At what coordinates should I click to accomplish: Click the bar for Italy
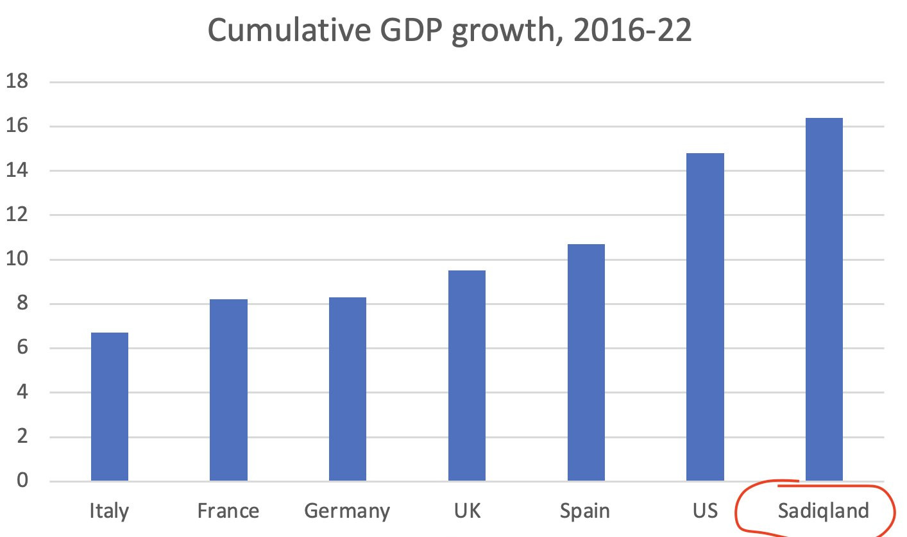pyautogui.click(x=110, y=406)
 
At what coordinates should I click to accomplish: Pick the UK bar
pyautogui.click(x=467, y=376)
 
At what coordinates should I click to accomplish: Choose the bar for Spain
pyautogui.click(x=586, y=362)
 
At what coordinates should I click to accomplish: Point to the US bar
pyautogui.click(x=705, y=317)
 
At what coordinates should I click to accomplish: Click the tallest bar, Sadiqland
pyautogui.click(x=824, y=299)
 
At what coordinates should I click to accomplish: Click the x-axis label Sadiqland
pyautogui.click(x=824, y=511)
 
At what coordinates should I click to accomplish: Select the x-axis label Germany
pyautogui.click(x=347, y=511)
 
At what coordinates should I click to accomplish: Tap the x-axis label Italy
pyautogui.click(x=110, y=511)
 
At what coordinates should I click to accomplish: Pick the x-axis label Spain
pyautogui.click(x=585, y=511)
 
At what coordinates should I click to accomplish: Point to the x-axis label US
pyautogui.click(x=705, y=511)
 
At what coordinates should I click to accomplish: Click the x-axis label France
pyautogui.click(x=228, y=511)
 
